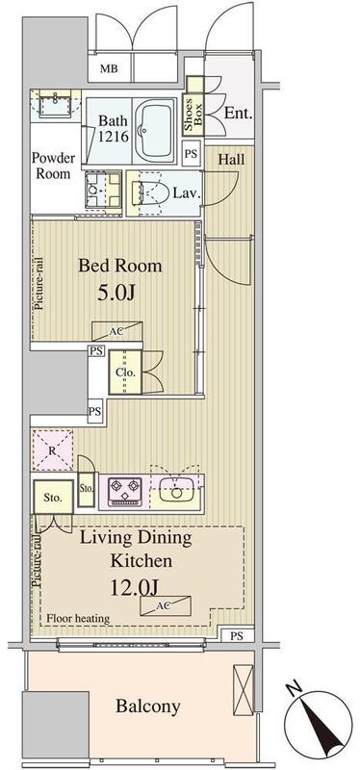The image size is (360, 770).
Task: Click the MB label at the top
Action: pyautogui.click(x=109, y=68)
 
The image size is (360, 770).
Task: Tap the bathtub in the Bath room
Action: pyautogui.click(x=155, y=130)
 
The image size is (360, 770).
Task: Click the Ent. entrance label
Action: pyautogui.click(x=238, y=114)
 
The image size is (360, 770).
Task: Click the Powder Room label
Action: pyautogui.click(x=54, y=166)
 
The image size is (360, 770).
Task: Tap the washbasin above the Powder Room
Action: pyautogui.click(x=55, y=104)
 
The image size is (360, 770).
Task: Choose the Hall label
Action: pyautogui.click(x=231, y=159)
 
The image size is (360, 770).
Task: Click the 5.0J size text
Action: pyautogui.click(x=116, y=294)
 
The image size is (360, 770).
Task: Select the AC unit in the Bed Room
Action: pyautogui.click(x=116, y=331)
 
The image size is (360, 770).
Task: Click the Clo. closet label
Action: pyautogui.click(x=122, y=372)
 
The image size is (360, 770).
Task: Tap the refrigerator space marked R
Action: pyautogui.click(x=53, y=450)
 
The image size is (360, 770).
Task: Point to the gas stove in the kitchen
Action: pyautogui.click(x=125, y=491)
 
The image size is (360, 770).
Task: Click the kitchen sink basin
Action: pyautogui.click(x=177, y=492)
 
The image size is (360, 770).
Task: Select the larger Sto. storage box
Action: pyautogui.click(x=53, y=497)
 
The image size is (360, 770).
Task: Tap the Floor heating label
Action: pyautogui.click(x=78, y=619)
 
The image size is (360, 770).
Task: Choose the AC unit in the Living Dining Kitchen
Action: pyautogui.click(x=166, y=605)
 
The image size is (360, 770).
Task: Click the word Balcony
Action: pyautogui.click(x=148, y=706)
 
